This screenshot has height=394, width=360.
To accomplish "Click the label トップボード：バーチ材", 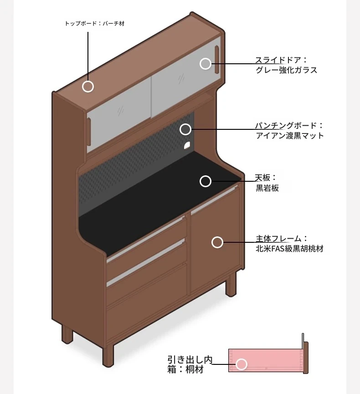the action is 94,24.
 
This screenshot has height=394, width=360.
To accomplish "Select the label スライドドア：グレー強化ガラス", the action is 286,65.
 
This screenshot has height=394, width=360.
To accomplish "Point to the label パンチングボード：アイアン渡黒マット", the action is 290,130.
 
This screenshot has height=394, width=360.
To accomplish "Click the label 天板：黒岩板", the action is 267,183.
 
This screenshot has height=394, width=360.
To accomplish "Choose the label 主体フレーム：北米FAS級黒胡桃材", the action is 289,244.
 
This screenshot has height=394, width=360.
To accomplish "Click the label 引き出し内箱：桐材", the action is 190,364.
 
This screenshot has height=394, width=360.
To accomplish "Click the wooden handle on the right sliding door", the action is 217,60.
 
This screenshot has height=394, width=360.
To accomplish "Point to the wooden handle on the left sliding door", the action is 89,132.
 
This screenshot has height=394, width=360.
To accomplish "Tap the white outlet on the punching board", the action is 187,145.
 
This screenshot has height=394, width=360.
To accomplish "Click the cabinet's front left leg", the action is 108,354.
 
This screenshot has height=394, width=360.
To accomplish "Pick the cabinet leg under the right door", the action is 231,284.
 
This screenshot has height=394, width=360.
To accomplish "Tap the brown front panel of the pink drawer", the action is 306,358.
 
